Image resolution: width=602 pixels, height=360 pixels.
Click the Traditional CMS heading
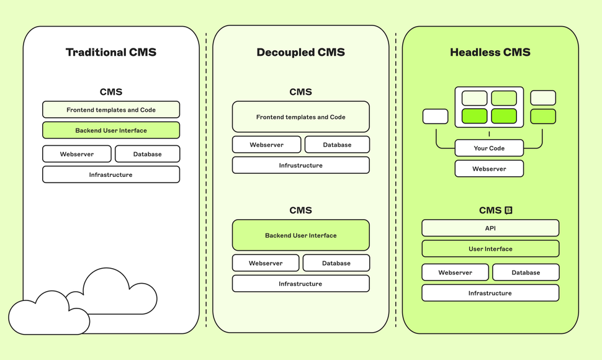click(x=111, y=52)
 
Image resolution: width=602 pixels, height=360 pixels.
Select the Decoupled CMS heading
click(x=301, y=52)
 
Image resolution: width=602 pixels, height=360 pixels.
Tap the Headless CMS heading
click(x=490, y=52)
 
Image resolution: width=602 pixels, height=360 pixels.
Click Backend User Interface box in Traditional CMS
click(x=111, y=130)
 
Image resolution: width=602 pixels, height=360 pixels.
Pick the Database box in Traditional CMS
click(x=147, y=154)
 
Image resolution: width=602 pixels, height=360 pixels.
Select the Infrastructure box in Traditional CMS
click(x=111, y=174)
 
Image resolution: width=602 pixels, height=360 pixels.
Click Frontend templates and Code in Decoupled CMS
click(x=301, y=117)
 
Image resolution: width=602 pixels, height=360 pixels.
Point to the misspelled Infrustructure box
click(x=301, y=165)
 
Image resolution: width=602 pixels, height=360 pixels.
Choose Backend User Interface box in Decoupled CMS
click(x=301, y=235)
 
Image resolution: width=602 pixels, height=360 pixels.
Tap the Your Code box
click(x=489, y=148)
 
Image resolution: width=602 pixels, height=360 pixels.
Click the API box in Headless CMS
click(x=490, y=228)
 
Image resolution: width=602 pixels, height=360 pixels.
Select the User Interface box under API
click(x=490, y=249)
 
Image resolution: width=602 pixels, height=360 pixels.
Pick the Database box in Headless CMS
click(x=526, y=272)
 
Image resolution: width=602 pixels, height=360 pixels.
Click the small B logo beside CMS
click(x=508, y=210)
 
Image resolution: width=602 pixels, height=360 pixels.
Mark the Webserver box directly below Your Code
click(x=489, y=169)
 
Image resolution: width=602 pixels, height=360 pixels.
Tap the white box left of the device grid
click(x=435, y=116)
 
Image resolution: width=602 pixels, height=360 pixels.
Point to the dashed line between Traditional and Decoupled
click(x=206, y=180)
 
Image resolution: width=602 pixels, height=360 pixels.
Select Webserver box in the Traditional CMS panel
click(x=77, y=154)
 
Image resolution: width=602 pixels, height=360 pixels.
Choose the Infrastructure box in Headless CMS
click(x=490, y=293)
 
